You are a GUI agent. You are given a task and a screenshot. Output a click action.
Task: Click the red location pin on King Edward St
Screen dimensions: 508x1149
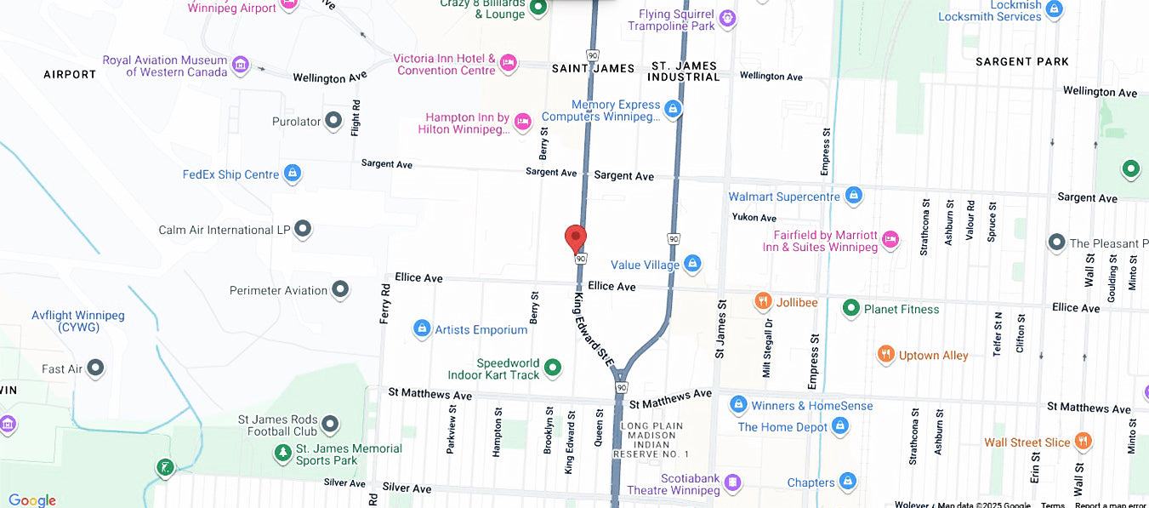[576, 238]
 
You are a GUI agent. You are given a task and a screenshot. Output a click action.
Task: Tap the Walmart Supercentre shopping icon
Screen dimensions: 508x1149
[854, 197]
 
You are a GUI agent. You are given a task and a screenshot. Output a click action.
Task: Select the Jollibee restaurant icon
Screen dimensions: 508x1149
[763, 301]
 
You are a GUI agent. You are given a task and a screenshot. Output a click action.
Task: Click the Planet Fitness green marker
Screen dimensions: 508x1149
[850, 308]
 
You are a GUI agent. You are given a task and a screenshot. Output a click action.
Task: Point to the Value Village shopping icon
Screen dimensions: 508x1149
[692, 265]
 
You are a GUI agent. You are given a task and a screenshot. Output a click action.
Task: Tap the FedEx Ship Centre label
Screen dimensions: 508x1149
[230, 174]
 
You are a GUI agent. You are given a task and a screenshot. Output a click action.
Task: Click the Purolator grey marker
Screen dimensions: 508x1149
[334, 121]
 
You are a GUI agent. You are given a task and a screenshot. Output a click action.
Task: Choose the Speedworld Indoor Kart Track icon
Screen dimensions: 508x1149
[553, 368]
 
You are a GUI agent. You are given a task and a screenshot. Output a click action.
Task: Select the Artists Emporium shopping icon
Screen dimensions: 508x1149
[421, 328]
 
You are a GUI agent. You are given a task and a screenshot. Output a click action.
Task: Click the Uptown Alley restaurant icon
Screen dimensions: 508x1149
[886, 355]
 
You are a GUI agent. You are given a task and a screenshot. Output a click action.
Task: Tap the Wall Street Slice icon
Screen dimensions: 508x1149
[1083, 441]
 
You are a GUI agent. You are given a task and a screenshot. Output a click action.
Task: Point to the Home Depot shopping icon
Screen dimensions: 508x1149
[840, 425]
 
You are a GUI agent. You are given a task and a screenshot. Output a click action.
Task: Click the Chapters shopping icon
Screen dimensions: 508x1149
[847, 482]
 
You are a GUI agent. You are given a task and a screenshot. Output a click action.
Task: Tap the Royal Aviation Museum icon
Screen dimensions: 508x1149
[241, 65]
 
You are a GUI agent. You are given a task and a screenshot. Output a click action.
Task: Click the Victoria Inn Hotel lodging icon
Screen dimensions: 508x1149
[508, 62]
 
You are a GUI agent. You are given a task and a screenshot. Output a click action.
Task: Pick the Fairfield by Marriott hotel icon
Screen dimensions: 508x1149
[890, 240]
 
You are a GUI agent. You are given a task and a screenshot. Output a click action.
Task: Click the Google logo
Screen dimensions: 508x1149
[31, 500]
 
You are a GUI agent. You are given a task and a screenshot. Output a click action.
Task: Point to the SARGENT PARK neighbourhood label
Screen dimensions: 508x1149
[1022, 62]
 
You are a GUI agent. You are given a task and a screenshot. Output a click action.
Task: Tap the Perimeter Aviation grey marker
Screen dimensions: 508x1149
[340, 290]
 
